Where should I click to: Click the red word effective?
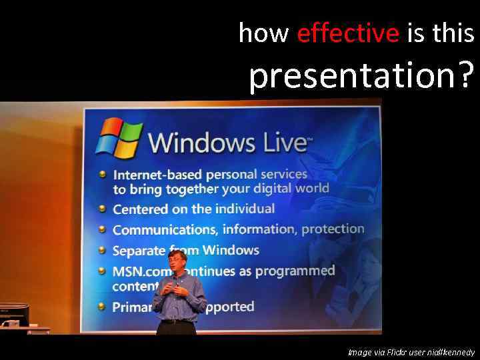pos(347,33)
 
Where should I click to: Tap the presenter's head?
pos(177,263)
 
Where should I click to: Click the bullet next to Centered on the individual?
pos(102,209)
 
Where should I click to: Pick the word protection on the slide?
pos(333,229)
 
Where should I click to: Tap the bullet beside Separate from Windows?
pos(102,251)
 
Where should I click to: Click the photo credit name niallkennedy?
pos(450,352)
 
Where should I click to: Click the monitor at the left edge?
pos(13,314)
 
